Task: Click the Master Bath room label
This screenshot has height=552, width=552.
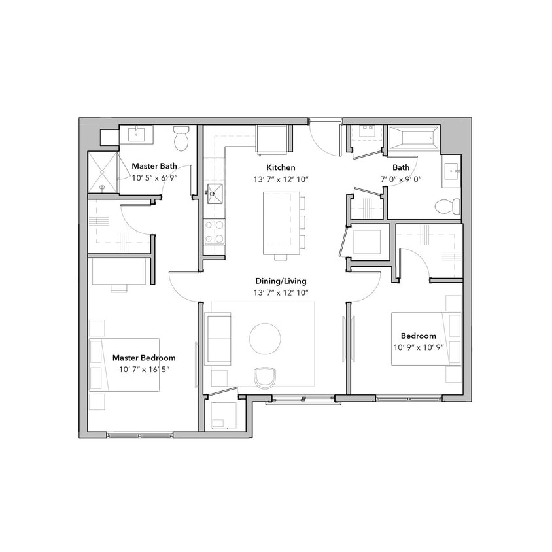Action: [x=154, y=166]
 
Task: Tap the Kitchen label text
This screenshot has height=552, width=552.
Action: [x=281, y=167]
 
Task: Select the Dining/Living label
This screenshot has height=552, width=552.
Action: [x=281, y=281]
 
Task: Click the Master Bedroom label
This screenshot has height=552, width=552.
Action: [x=144, y=358]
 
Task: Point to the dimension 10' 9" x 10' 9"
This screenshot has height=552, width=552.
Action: [x=423, y=347]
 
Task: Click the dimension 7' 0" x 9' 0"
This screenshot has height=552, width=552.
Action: [x=402, y=179]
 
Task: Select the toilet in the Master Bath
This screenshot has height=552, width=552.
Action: [x=181, y=139]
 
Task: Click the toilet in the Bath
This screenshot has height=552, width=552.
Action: [x=447, y=207]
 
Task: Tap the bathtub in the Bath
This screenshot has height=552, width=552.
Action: [x=413, y=139]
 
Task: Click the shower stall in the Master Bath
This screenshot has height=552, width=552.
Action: [x=103, y=173]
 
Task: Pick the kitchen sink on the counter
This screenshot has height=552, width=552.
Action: [x=214, y=194]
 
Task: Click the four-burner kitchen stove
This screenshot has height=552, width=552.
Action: [x=215, y=231]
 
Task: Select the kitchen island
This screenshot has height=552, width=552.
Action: [x=281, y=222]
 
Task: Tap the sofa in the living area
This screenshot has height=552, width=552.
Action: [x=218, y=338]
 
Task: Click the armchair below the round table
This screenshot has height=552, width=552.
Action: [x=265, y=377]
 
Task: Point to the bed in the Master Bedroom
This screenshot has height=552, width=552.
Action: [x=124, y=365]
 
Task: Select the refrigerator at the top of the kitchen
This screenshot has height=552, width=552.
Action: [x=270, y=139]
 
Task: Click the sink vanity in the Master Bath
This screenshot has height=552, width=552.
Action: [x=136, y=135]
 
